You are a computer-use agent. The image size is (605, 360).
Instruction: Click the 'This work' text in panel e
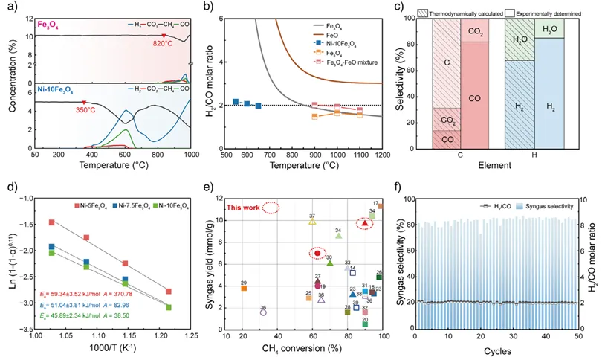tap(244, 208)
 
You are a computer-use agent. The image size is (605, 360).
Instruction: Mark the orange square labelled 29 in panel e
tap(244, 288)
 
